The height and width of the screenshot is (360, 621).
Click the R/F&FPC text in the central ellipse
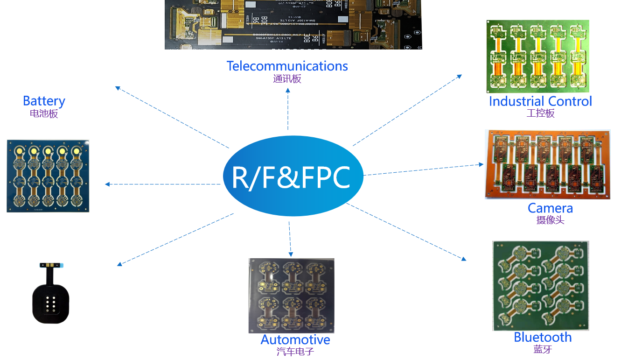(x=291, y=176)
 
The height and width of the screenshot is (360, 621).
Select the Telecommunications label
(x=287, y=66)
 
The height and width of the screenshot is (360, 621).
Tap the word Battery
(x=44, y=101)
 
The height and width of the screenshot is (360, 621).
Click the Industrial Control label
(x=540, y=101)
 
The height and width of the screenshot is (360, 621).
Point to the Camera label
(x=550, y=208)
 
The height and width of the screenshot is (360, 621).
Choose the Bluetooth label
(x=543, y=337)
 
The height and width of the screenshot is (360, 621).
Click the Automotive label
(x=295, y=340)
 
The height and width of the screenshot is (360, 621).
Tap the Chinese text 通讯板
(x=287, y=79)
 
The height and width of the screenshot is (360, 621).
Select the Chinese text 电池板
(x=44, y=113)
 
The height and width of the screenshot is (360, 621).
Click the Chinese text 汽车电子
(x=295, y=352)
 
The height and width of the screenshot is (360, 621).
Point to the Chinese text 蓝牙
(x=543, y=349)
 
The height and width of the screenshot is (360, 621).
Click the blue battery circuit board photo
(x=48, y=176)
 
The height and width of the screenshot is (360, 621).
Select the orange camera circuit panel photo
(x=547, y=164)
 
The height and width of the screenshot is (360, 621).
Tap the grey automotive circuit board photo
(x=291, y=295)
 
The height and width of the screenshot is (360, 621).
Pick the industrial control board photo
(x=537, y=56)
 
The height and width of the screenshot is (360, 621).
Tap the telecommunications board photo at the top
(x=293, y=24)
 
